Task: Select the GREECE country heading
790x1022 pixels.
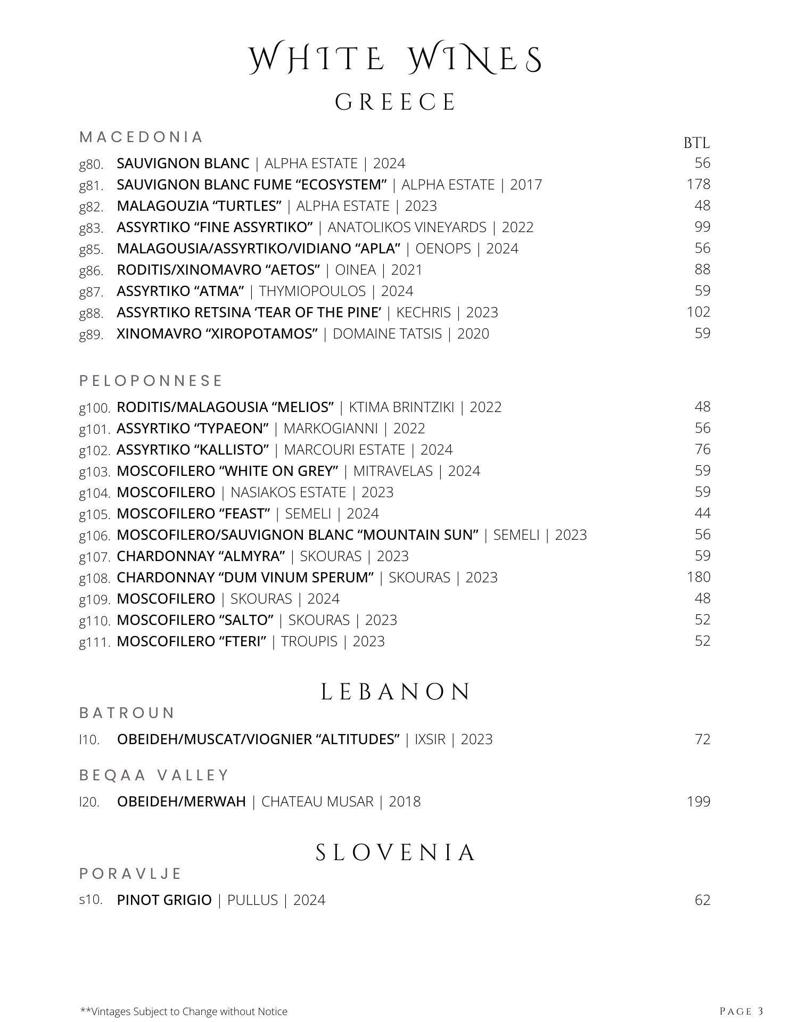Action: [395, 102]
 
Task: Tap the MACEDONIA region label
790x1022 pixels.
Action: [141, 137]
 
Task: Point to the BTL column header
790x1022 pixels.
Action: [696, 143]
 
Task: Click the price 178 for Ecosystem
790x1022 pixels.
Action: [698, 184]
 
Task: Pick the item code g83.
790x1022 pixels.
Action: [91, 228]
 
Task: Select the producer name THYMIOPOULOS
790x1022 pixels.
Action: [312, 291]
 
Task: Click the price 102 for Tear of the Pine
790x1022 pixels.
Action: [698, 312]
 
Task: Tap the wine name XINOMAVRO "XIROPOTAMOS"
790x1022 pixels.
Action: [217, 334]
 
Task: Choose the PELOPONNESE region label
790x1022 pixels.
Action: [151, 381]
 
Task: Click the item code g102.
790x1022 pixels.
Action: [95, 450]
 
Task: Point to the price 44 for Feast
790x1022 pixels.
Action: [702, 513]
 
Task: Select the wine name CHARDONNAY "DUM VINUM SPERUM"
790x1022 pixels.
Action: [245, 578]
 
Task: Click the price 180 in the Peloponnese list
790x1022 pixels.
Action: [698, 577]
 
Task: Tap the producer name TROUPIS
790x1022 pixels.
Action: [309, 641]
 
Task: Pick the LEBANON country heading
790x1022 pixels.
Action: [396, 692]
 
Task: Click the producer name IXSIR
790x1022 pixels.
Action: [430, 739]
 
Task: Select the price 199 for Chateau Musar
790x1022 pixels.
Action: [698, 802]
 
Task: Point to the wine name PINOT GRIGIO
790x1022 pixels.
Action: [164, 900]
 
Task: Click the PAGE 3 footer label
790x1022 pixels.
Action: [741, 1011]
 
